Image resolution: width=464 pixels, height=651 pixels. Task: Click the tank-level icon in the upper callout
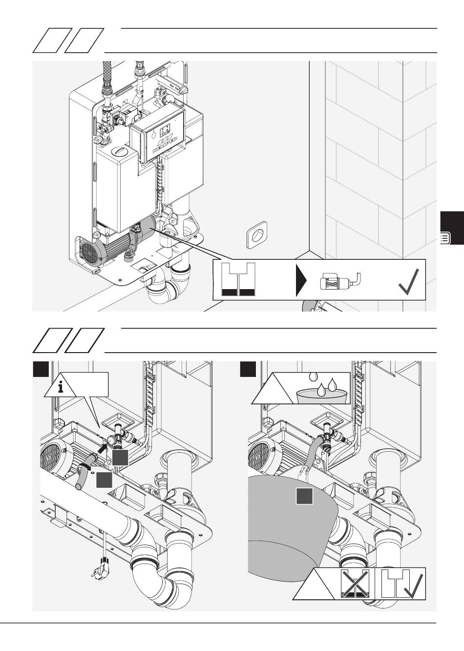(238, 280)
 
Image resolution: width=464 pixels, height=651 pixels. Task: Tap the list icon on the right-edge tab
(445, 239)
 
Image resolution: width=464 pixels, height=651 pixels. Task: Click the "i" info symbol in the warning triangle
(61, 388)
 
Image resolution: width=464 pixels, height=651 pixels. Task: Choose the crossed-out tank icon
(354, 584)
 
